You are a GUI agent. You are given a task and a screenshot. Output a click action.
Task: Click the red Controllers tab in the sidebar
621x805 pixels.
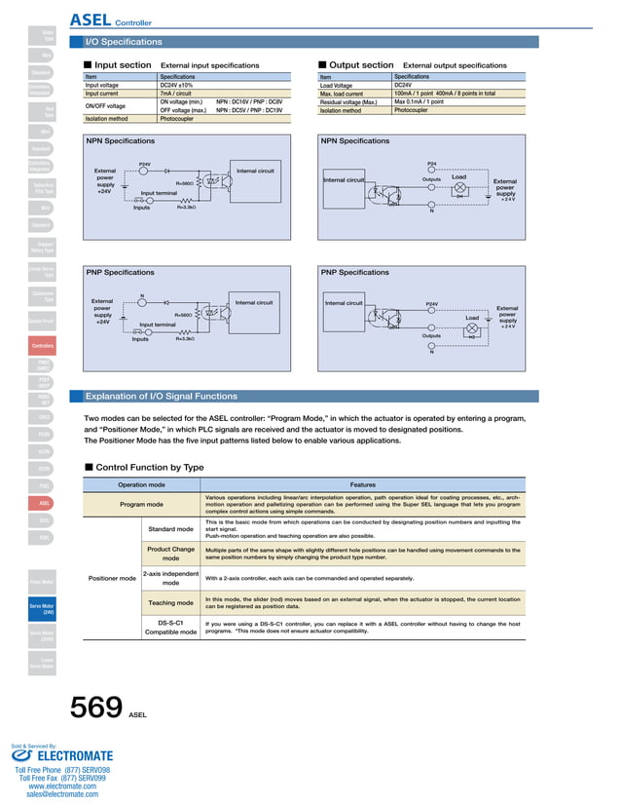pyautogui.click(x=43, y=346)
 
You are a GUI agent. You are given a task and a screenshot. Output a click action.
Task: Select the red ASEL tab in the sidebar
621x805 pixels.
pyautogui.click(x=43, y=503)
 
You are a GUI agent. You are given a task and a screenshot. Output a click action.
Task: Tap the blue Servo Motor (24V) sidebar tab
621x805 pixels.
pyautogui.click(x=42, y=610)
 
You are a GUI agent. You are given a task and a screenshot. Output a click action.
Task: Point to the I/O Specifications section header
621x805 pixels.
pyautogui.click(x=125, y=43)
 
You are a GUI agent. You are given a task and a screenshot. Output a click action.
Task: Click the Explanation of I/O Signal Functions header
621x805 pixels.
pyautogui.click(x=162, y=397)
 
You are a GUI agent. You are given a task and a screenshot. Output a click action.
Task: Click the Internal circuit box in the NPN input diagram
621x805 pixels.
pyautogui.click(x=255, y=172)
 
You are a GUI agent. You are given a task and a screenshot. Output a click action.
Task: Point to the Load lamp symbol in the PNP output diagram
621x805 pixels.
pyautogui.click(x=474, y=330)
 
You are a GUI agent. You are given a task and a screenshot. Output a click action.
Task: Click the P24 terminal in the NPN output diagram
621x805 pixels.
pyautogui.click(x=431, y=164)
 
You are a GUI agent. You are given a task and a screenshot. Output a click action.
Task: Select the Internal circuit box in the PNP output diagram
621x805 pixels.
pyautogui.click(x=344, y=303)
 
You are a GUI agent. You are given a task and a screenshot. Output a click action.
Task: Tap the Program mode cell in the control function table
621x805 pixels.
pyautogui.click(x=141, y=504)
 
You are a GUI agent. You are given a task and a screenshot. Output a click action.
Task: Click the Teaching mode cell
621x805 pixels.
pyautogui.click(x=170, y=602)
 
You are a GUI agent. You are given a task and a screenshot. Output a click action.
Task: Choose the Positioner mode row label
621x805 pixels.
pyautogui.click(x=112, y=578)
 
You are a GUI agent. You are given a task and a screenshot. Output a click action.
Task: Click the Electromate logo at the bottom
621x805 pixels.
pyautogui.click(x=62, y=755)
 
